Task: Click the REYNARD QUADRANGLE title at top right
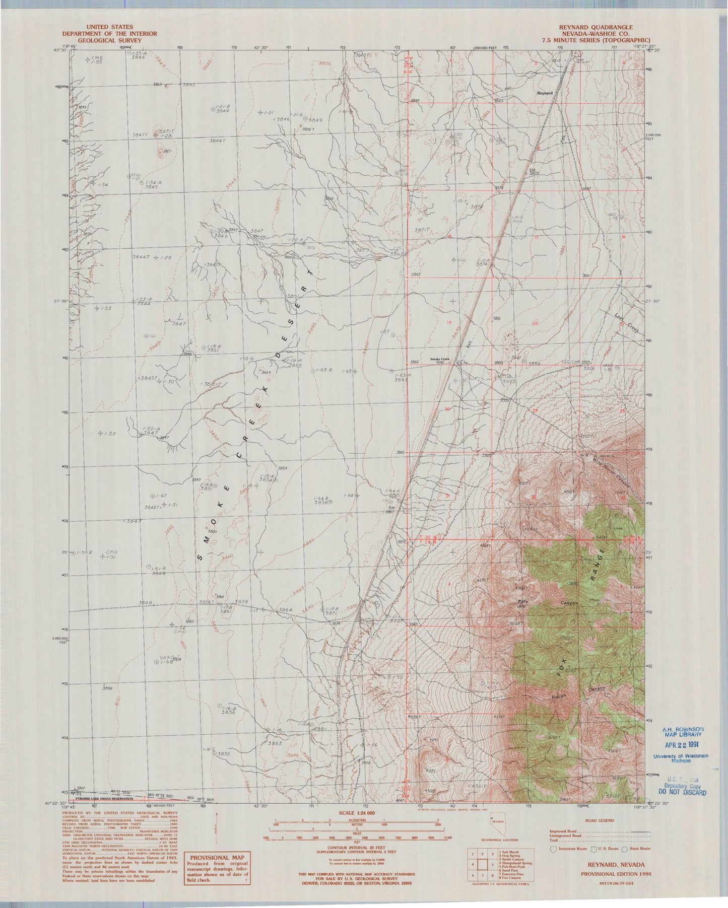(x=595, y=27)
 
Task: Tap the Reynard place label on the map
(x=545, y=93)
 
